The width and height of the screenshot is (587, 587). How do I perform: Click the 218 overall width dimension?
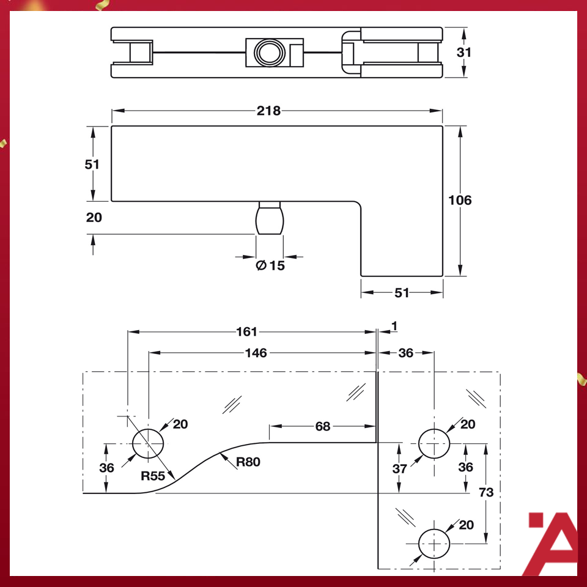[x=268, y=111]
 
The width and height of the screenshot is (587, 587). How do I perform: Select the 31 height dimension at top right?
[x=464, y=52]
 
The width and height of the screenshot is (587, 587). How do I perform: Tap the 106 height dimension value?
[x=460, y=200]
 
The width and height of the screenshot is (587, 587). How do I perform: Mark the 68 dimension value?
[x=322, y=426]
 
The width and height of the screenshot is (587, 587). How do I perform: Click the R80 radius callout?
[x=248, y=462]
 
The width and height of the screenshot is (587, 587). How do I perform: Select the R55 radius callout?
[x=153, y=476]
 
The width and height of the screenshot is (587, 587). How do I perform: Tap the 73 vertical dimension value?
[x=487, y=492]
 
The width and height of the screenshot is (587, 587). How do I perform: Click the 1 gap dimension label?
[x=394, y=327]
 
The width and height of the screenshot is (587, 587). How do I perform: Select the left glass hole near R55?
[x=149, y=443]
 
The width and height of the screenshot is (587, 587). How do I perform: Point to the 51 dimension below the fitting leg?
[x=401, y=293]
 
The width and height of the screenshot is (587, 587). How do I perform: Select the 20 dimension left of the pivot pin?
[x=94, y=217]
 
